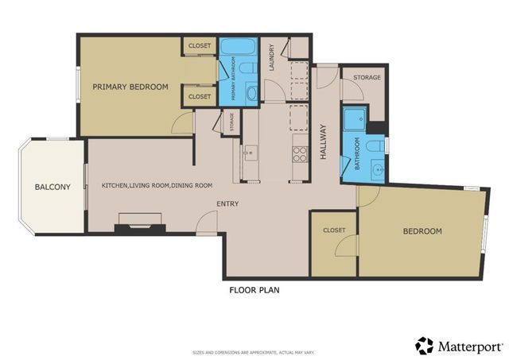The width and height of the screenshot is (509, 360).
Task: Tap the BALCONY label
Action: point(52,188)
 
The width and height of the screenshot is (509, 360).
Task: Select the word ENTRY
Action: point(227,204)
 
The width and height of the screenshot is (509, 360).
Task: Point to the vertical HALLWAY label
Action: point(324,143)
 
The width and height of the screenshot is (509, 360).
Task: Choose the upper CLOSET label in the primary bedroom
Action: point(200,46)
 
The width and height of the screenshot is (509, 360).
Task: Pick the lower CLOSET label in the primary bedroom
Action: point(200,96)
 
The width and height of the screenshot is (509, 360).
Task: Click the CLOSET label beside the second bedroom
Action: point(334,230)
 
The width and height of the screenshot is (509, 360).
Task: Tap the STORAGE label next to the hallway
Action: point(367,78)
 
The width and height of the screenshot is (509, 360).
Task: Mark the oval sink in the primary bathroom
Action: point(252,94)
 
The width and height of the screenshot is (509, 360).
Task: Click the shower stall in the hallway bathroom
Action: point(354,120)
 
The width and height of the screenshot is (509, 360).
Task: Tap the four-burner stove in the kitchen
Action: point(300,151)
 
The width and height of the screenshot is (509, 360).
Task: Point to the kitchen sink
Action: point(250,151)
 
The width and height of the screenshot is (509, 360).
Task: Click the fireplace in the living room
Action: point(140,224)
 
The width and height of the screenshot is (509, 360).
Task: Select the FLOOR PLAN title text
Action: point(254,290)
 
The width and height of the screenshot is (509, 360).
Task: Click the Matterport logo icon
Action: point(425,345)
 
